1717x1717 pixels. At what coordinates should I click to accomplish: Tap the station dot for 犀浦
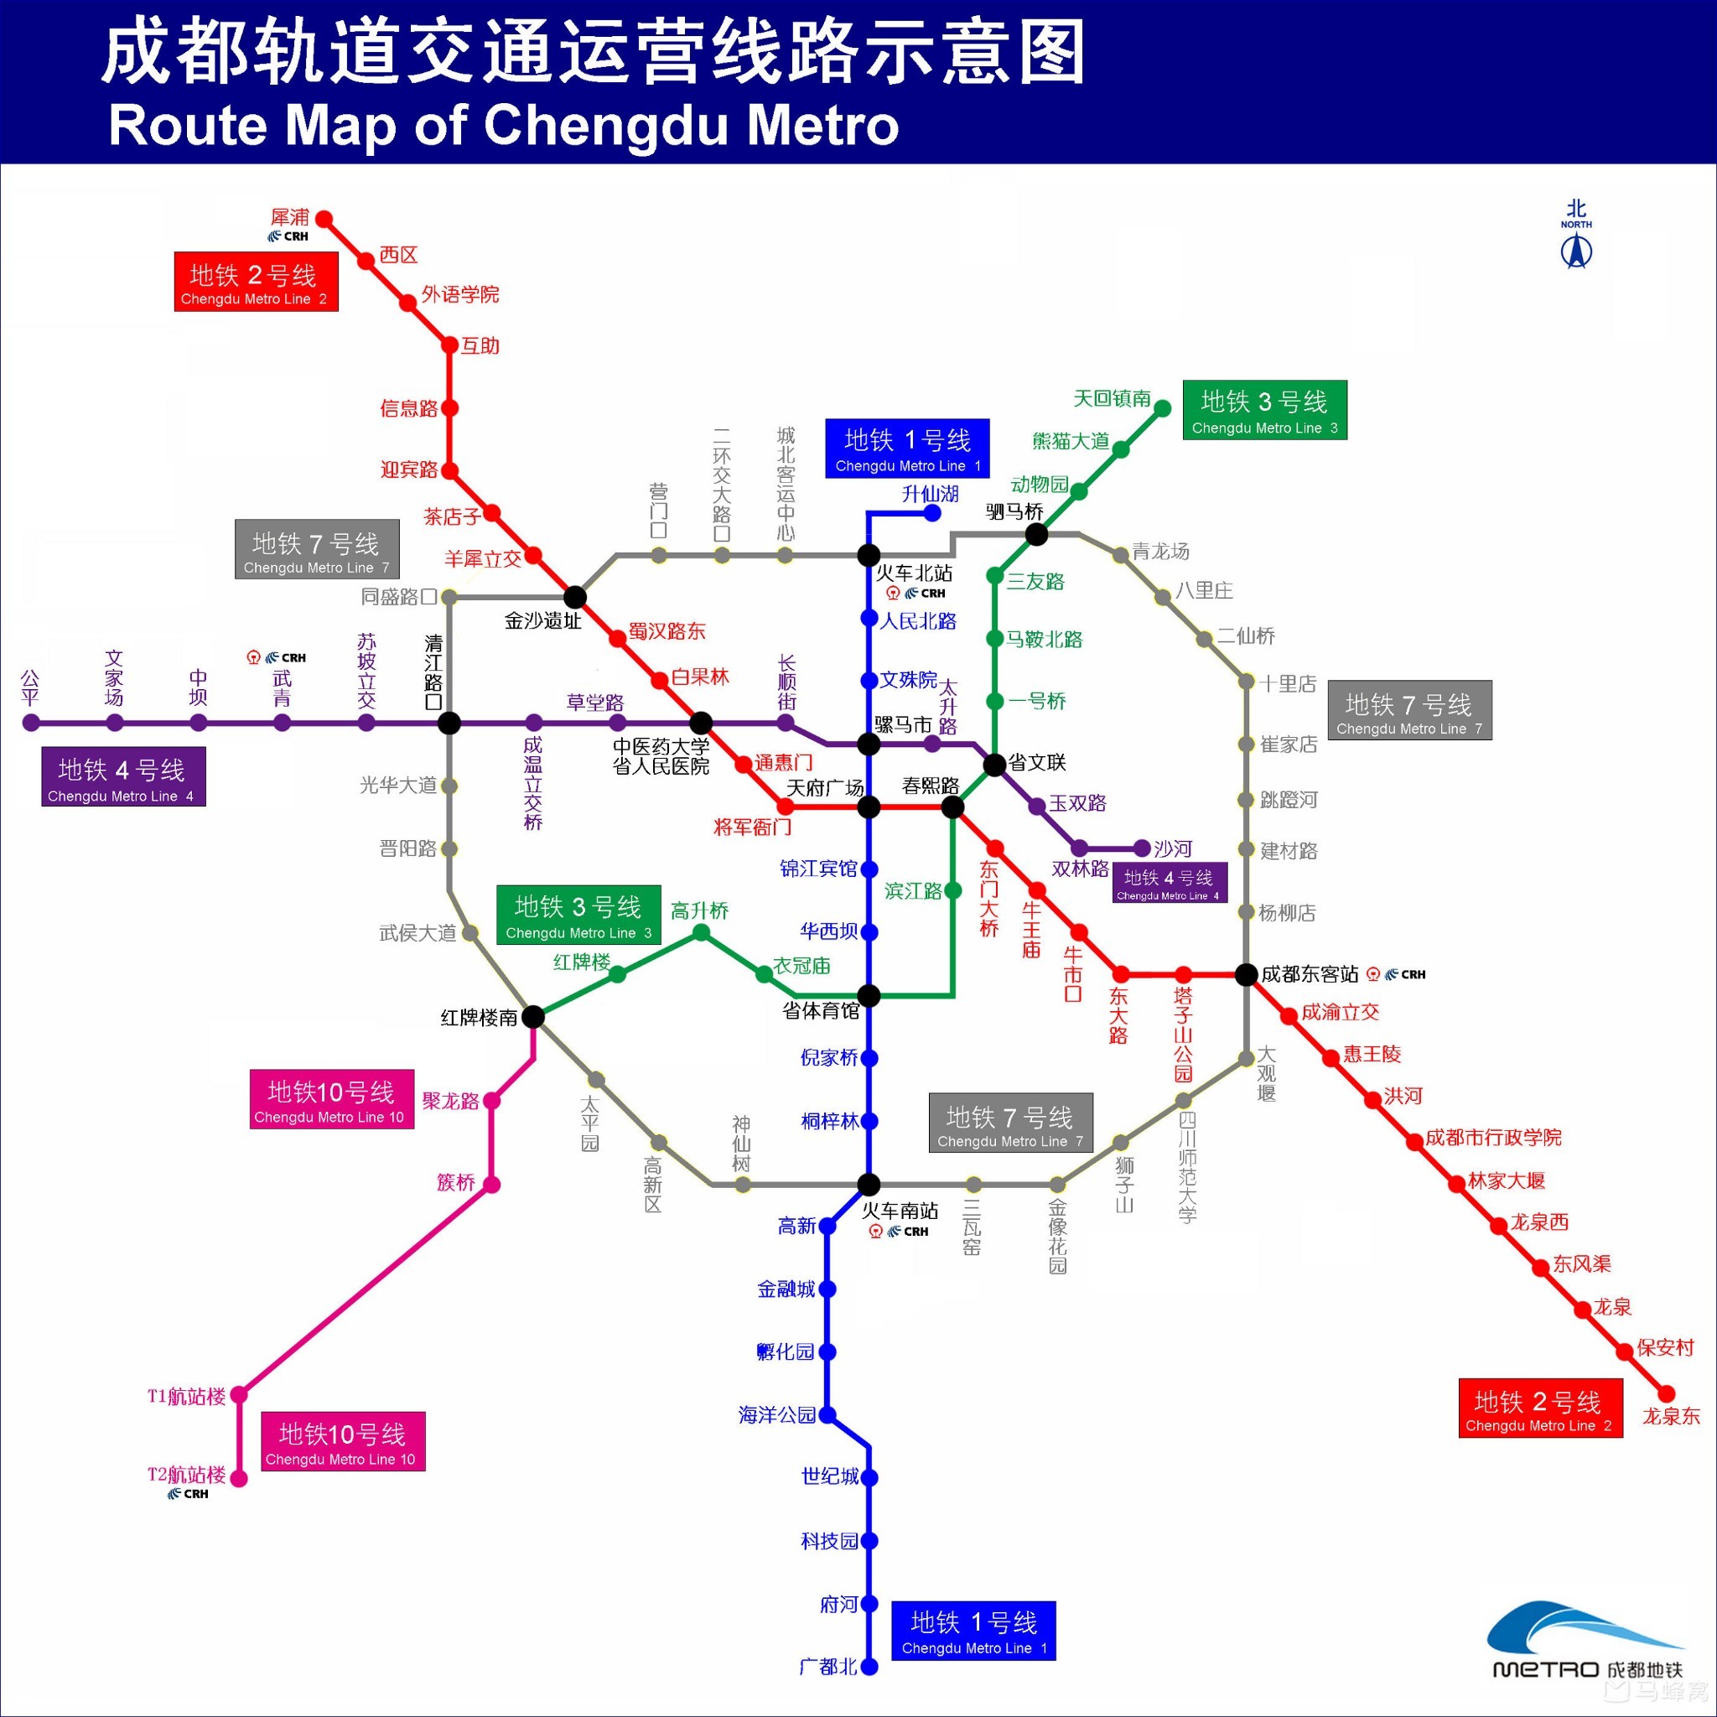[324, 219]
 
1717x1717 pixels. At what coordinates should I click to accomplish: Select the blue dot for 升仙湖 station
[932, 513]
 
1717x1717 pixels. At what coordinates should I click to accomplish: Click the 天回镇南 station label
[1111, 399]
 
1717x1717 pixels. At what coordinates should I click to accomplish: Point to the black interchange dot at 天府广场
[869, 807]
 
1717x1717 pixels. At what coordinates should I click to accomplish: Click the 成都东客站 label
[1309, 974]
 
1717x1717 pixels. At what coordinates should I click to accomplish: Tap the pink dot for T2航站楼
[239, 1478]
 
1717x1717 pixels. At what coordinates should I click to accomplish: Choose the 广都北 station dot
[869, 1667]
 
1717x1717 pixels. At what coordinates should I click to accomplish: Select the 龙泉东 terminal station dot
[1667, 1393]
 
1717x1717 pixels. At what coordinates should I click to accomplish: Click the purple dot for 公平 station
[31, 723]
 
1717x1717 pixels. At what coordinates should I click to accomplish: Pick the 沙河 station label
[1172, 848]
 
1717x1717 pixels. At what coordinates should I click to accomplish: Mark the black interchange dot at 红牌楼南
[533, 1016]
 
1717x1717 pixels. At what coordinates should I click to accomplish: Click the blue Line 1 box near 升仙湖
[906, 449]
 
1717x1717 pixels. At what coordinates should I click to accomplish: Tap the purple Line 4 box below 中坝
[123, 776]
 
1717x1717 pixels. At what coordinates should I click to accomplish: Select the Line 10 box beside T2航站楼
[343, 1440]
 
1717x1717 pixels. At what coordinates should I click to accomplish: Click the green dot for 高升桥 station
[701, 932]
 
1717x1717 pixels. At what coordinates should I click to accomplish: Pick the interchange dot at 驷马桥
[1036, 534]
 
